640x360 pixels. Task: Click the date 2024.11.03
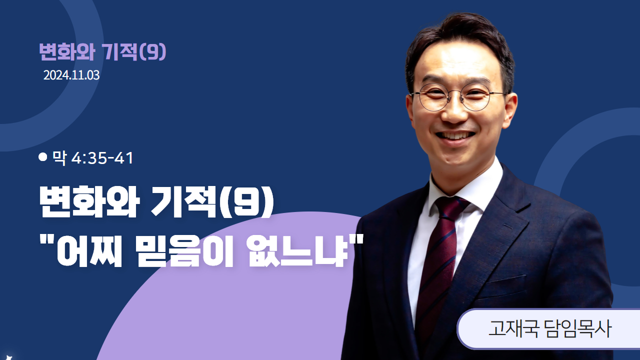click(71, 75)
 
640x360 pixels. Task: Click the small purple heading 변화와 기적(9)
click(102, 52)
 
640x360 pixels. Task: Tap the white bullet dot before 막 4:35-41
click(43, 157)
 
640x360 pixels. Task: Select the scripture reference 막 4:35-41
click(93, 157)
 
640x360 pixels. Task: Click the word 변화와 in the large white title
click(89, 201)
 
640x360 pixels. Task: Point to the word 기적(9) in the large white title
click(212, 201)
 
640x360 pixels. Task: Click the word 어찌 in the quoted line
click(89, 251)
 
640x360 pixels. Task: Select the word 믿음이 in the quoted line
click(185, 251)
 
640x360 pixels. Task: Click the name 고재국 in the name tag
click(513, 329)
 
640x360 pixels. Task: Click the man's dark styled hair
click(460, 37)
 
